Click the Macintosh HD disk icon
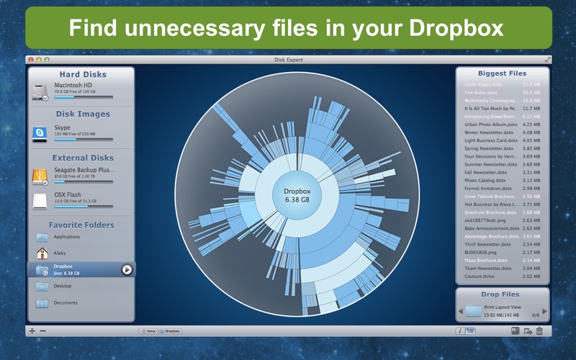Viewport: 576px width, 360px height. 40,91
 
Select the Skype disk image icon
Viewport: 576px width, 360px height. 40,132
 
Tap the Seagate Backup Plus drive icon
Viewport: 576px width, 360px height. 40,175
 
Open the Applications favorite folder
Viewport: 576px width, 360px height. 66,236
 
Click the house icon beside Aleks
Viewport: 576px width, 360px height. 41,253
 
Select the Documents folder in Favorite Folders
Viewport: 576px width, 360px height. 66,302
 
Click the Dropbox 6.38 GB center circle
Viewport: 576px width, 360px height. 296,194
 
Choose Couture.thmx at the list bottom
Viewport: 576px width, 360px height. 480,276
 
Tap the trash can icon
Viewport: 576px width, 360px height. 539,331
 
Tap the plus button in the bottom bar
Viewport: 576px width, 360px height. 32,331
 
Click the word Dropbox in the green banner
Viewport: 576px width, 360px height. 457,29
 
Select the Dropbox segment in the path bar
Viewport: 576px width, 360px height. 172,331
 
